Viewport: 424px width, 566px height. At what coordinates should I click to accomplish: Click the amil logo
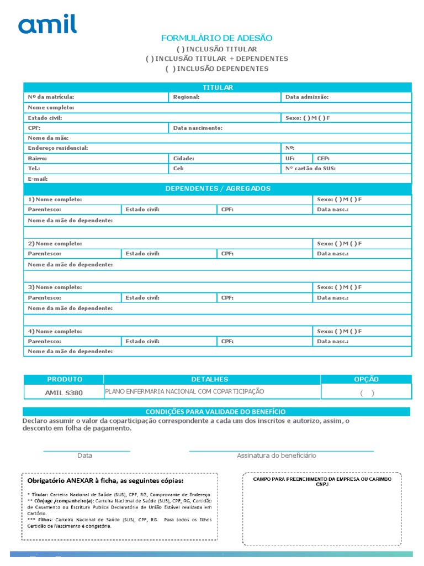tap(47, 24)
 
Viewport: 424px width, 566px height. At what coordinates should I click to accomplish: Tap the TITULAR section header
tap(218, 87)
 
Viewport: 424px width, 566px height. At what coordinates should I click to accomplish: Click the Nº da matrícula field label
tap(51, 97)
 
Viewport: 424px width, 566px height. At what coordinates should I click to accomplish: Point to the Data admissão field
tap(307, 97)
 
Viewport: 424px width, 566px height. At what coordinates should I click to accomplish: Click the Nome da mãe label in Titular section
tap(48, 138)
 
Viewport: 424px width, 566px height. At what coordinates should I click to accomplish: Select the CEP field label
tap(323, 158)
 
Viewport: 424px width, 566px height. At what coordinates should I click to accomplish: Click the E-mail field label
tap(38, 179)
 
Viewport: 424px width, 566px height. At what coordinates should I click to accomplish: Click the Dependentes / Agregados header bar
tap(218, 188)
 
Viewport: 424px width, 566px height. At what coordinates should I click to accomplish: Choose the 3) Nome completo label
tap(55, 287)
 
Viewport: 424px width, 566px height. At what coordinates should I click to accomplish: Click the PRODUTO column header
tap(64, 379)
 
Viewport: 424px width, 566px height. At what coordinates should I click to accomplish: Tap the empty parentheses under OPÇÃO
tap(367, 394)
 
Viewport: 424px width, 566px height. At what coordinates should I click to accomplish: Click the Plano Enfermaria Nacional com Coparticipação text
tap(184, 391)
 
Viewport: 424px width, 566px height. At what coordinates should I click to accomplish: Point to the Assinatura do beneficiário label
tap(277, 455)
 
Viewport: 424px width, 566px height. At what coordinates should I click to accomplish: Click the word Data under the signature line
tap(84, 455)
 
